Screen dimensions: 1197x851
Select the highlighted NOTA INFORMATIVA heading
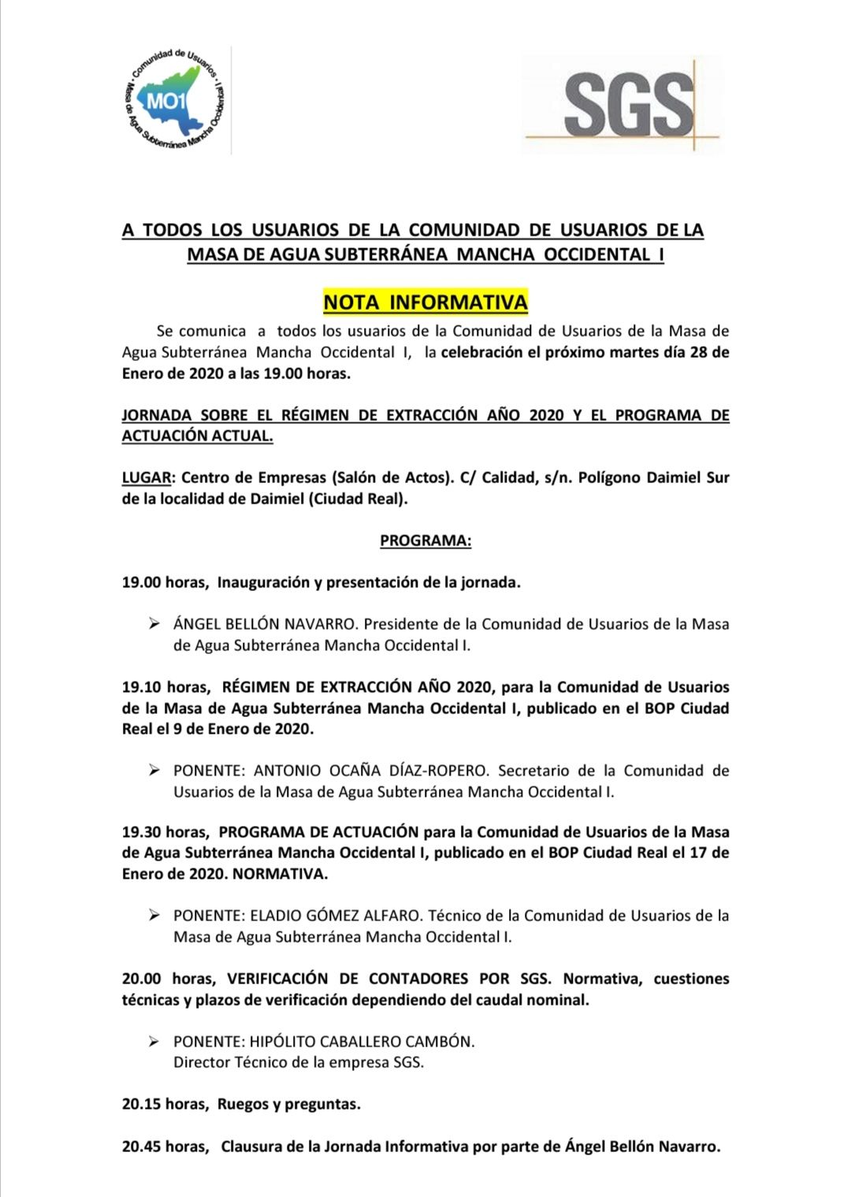(x=425, y=302)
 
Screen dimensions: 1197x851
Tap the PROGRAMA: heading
(x=425, y=541)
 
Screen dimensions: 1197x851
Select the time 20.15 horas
(x=165, y=1104)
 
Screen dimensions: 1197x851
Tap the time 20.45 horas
(x=165, y=1147)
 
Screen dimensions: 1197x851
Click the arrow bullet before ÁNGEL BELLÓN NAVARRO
(x=154, y=624)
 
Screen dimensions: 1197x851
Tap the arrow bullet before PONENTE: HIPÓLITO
(x=154, y=1041)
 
